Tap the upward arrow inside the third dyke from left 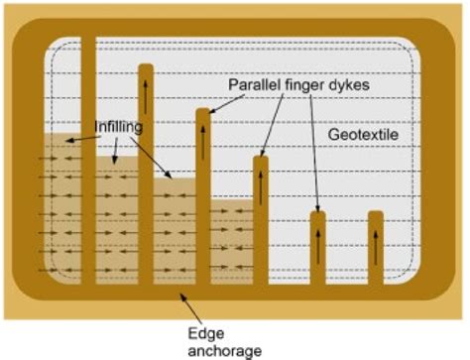pos(203,140)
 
